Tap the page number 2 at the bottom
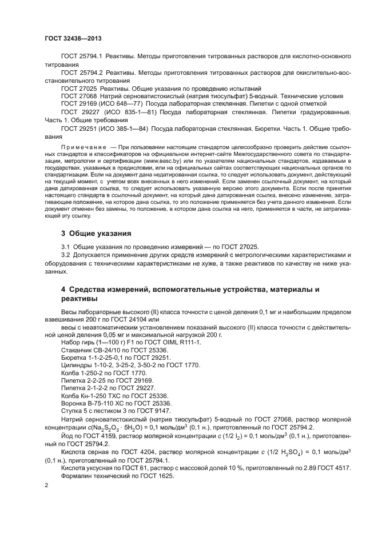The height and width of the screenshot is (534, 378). point(47,485)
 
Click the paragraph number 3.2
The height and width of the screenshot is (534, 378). point(65,254)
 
